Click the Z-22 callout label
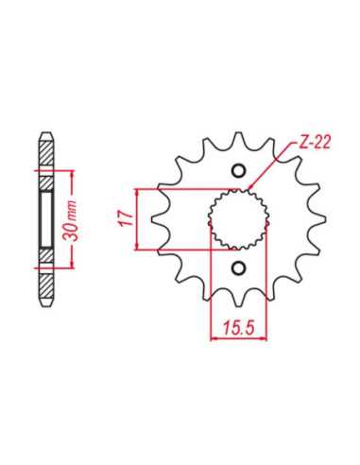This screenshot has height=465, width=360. tap(314, 143)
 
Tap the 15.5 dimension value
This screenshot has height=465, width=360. tap(238, 329)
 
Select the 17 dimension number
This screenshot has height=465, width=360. tap(126, 219)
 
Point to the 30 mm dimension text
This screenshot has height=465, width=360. tap(71, 220)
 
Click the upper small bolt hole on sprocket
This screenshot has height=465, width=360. tap(238, 170)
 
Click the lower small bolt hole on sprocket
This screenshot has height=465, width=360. tap(238, 268)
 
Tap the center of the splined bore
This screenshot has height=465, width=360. tap(238, 219)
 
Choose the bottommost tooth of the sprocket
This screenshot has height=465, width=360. tap(238, 301)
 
